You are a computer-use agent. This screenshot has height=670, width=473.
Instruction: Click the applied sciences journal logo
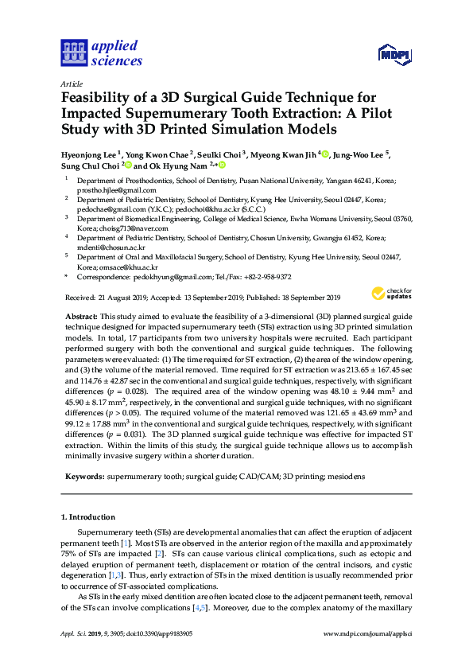coord(101,53)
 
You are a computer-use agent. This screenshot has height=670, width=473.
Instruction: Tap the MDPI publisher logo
coord(395,54)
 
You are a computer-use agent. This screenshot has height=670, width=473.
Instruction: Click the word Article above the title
coord(71,83)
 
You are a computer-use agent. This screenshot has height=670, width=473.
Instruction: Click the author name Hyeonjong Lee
coord(88,154)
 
